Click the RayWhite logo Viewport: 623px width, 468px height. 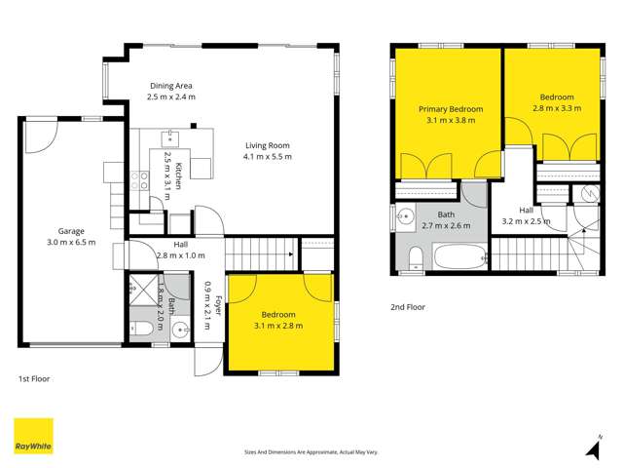click(x=33, y=436)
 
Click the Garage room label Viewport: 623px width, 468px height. click(x=70, y=231)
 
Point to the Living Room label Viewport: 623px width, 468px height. click(x=268, y=144)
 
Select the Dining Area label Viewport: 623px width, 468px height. click(x=170, y=85)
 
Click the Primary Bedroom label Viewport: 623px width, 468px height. click(x=445, y=109)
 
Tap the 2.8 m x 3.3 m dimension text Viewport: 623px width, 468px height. click(x=557, y=108)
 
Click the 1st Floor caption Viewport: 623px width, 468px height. click(x=34, y=378)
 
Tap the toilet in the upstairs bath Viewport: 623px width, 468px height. click(x=415, y=256)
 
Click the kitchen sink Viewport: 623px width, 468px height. click(x=168, y=137)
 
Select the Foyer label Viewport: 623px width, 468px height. click(x=218, y=306)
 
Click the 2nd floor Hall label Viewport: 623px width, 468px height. click(x=526, y=210)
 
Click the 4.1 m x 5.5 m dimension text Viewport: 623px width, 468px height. click(x=268, y=156)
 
